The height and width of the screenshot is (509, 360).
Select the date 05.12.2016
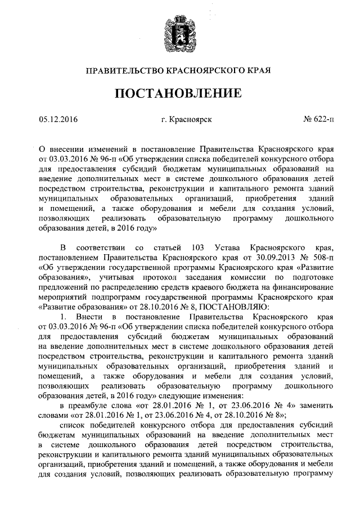(58, 119)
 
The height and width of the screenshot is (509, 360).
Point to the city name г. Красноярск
(186, 119)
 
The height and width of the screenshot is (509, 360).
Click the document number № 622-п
(318, 119)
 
